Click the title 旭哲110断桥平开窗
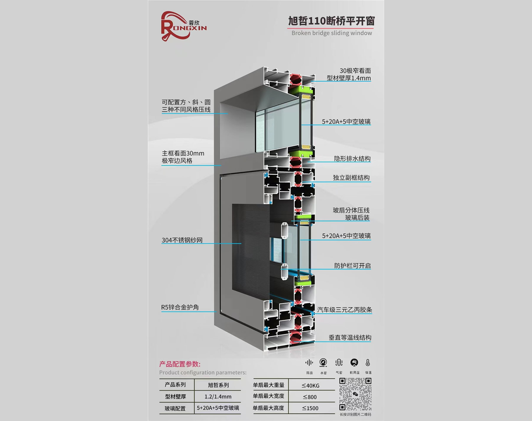click(331, 21)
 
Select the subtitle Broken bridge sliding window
click(332, 33)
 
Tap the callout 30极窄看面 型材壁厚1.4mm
click(349, 74)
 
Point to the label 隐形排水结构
click(352, 159)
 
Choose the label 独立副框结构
click(351, 178)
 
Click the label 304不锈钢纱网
click(182, 240)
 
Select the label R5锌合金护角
click(180, 307)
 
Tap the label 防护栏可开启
click(352, 266)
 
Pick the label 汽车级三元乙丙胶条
click(345, 310)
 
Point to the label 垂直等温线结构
click(350, 338)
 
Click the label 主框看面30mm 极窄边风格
click(183, 157)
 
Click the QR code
click(355, 394)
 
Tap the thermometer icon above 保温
click(368, 363)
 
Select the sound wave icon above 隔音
click(309, 363)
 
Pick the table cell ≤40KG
click(310, 385)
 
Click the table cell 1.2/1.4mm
click(218, 397)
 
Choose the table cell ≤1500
click(310, 408)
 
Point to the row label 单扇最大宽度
click(268, 396)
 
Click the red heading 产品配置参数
click(180, 364)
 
